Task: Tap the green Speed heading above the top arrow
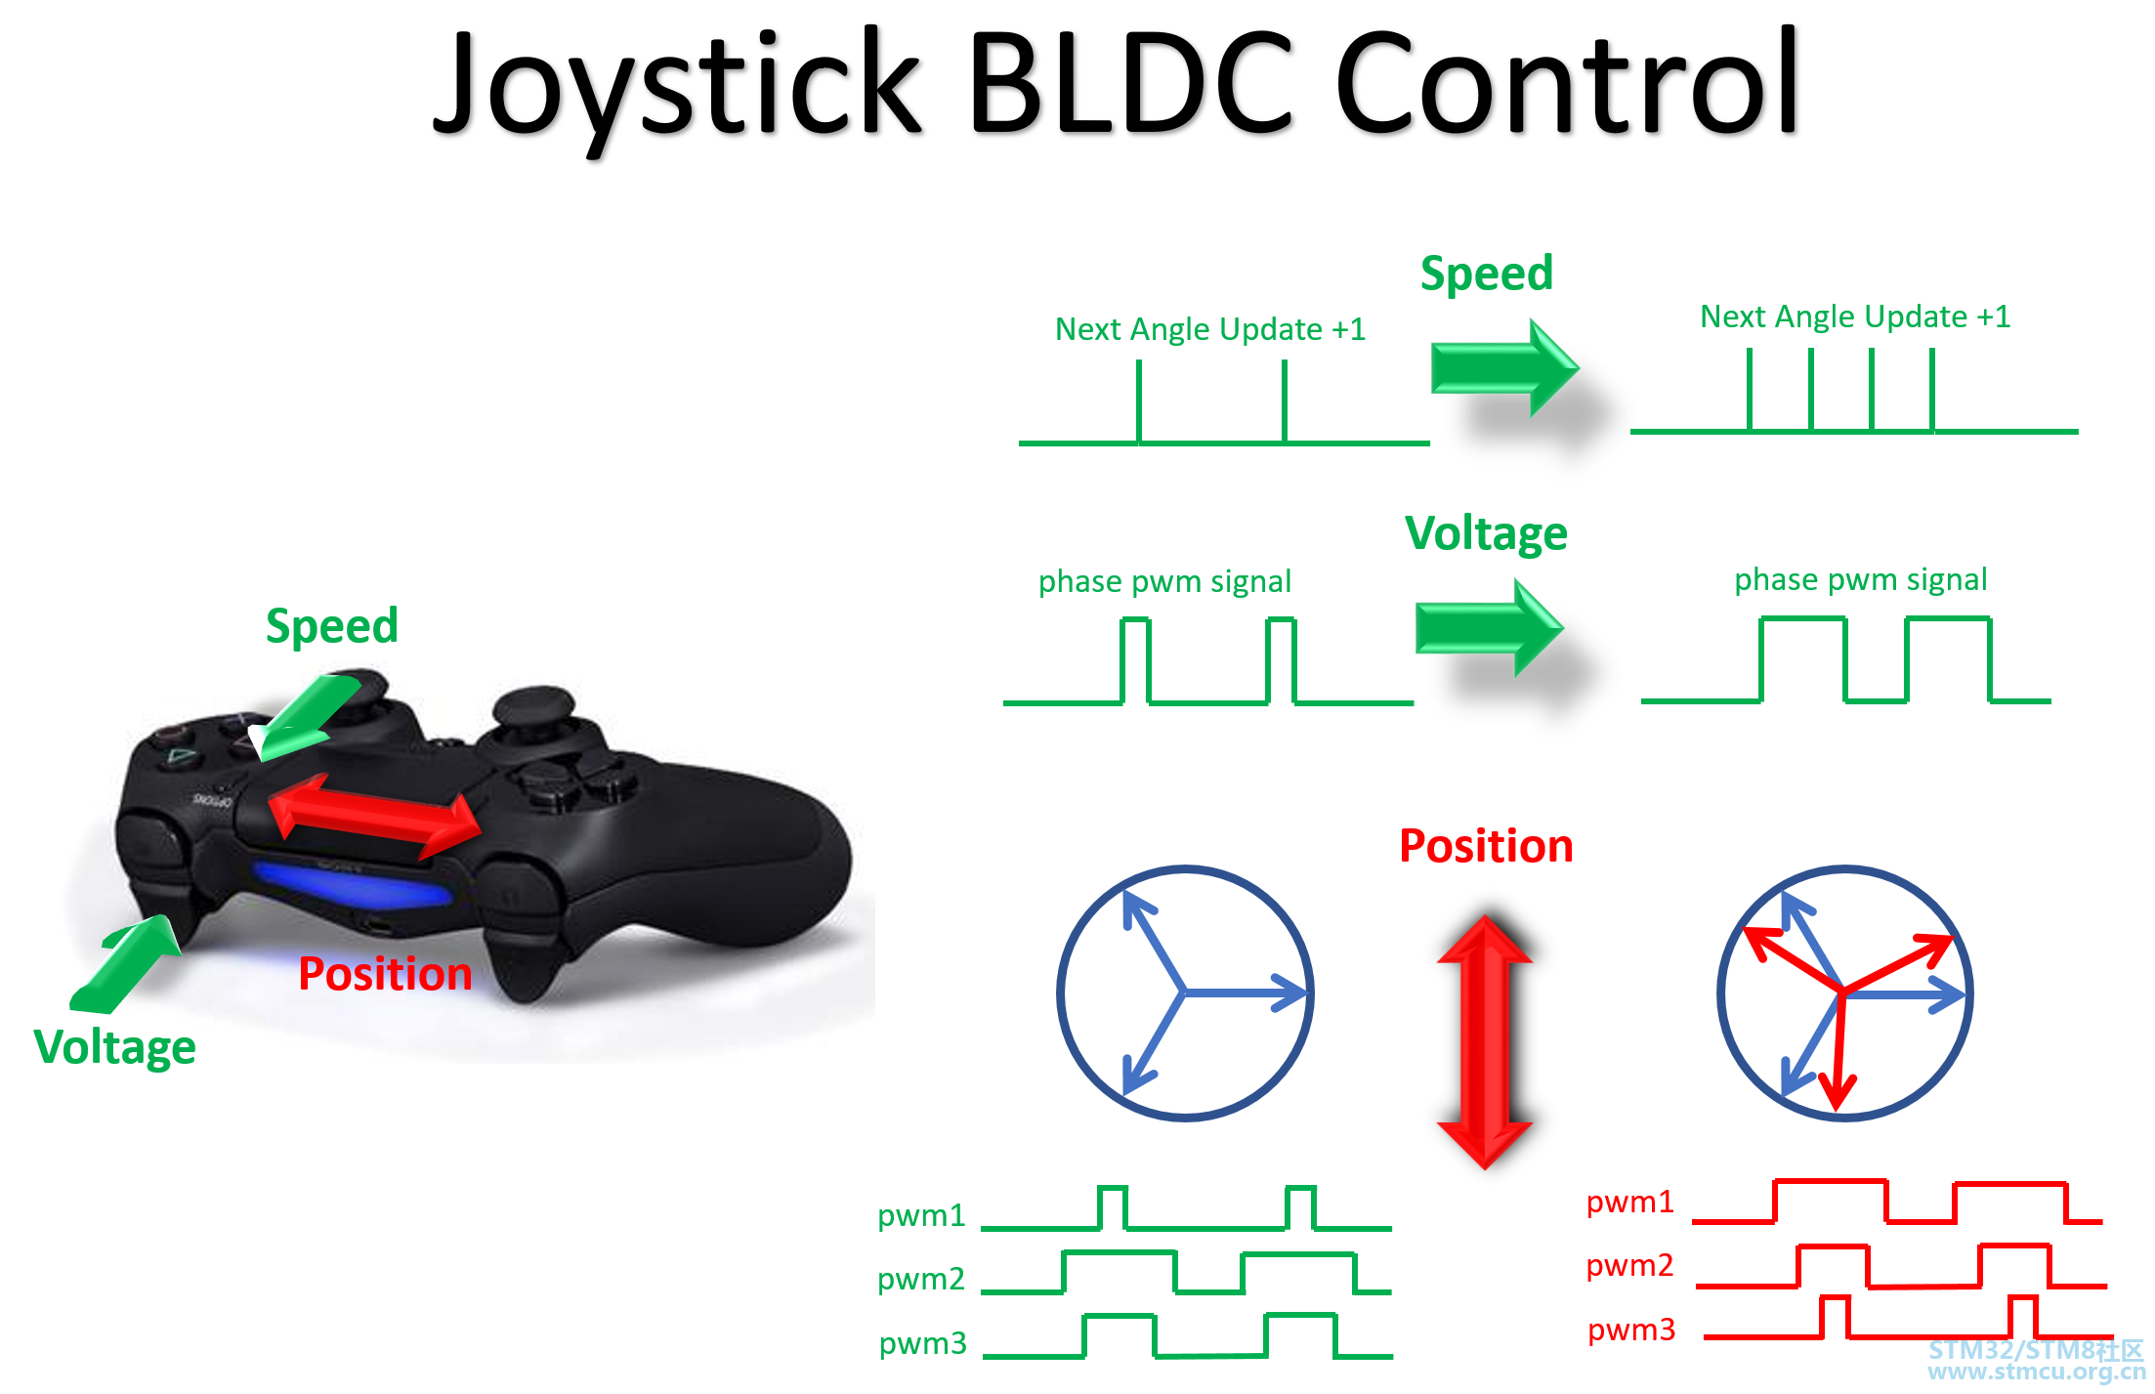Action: (1486, 274)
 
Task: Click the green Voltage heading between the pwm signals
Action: (1486, 533)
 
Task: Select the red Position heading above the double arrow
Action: (1486, 846)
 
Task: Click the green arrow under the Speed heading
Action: (1504, 368)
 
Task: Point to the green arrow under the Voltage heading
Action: (1489, 628)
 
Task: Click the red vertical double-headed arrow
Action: (1485, 1041)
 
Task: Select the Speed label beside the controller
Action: (332, 626)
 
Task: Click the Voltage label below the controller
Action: (114, 1047)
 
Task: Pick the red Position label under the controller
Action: (385, 974)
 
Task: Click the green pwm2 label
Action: (920, 1279)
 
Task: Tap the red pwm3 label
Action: (1631, 1330)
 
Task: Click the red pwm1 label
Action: (1629, 1202)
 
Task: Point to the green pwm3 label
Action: (922, 1343)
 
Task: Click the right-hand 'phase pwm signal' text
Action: (1860, 580)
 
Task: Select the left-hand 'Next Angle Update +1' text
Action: (1210, 329)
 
